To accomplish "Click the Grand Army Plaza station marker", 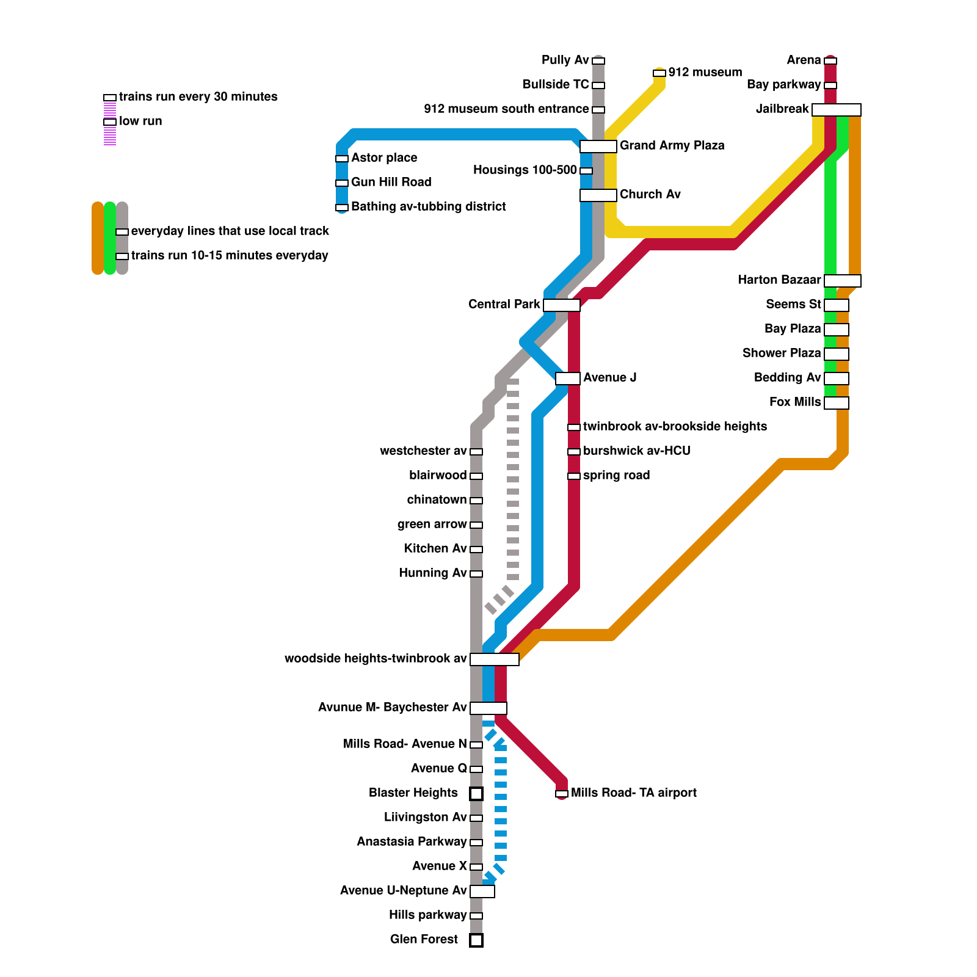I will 598,147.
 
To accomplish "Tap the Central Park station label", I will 504,304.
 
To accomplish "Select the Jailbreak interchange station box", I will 836,110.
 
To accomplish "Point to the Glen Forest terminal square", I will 476,940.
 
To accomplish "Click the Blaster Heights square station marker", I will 476,794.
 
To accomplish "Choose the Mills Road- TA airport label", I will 633,793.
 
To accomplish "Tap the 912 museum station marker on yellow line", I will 659,73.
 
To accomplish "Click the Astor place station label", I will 384,158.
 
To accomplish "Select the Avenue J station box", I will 567,379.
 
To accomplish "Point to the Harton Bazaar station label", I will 779,280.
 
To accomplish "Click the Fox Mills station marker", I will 836,403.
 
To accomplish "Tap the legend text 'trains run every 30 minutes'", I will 198,96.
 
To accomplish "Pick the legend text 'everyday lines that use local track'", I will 230,231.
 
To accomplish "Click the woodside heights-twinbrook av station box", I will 494,659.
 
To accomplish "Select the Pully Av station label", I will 565,60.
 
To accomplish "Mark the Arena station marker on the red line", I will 830,61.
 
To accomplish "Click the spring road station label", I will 616,475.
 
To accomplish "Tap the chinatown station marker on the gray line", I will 476,501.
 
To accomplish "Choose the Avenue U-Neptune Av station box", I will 482,892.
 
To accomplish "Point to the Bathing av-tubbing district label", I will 428,206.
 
